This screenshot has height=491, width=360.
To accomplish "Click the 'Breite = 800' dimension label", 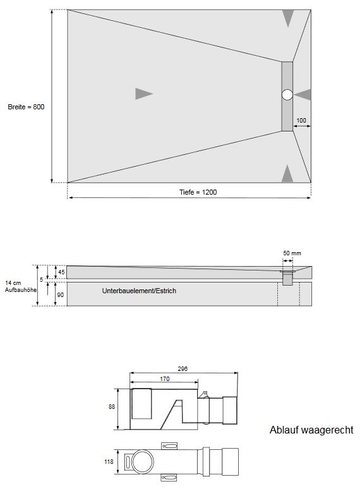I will click(26, 107).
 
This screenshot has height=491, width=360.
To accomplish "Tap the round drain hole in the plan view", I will click(287, 95).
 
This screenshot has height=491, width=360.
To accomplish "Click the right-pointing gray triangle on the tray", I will click(143, 94).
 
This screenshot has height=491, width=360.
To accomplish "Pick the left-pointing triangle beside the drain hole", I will click(304, 95).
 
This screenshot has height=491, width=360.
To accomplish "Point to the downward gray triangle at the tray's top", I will click(288, 17).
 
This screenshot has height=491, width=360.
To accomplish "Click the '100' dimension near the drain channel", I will click(301, 120).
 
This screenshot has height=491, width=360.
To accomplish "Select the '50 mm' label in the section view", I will click(292, 253).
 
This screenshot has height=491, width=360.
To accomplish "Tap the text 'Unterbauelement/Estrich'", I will click(138, 291).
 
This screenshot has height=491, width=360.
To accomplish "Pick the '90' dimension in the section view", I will click(59, 294).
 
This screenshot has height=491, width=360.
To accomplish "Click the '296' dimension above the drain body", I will click(183, 368).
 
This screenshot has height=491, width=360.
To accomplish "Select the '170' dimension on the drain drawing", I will click(164, 380).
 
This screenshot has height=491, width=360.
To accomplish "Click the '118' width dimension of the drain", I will click(109, 462).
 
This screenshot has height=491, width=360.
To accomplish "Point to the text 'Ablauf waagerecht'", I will click(311, 431).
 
